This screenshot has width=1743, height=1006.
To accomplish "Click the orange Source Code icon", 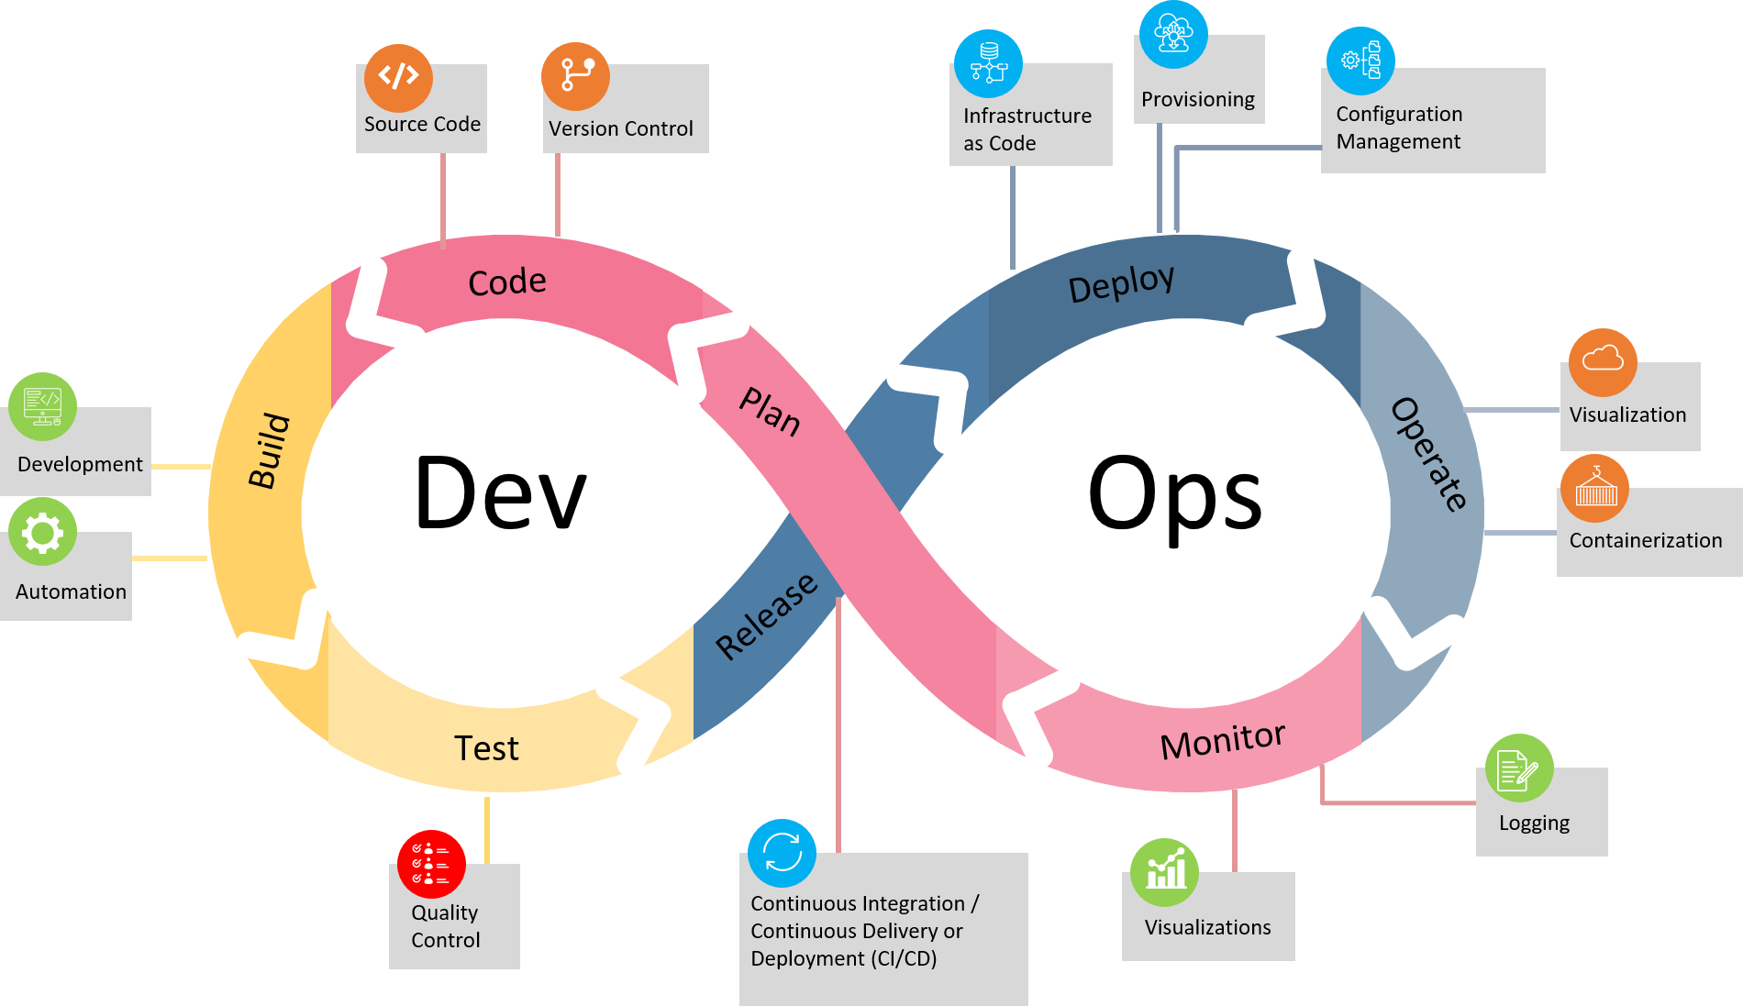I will [x=398, y=77].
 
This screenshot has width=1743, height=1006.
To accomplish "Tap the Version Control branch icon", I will [x=575, y=76].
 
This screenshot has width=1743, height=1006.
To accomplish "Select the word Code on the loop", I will [x=506, y=282].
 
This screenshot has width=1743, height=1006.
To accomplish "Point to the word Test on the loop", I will [x=486, y=748].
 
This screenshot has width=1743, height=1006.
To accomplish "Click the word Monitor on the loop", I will [x=1222, y=740].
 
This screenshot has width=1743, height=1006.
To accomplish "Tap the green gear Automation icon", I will [x=42, y=532].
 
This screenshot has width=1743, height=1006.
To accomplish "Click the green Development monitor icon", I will [x=42, y=406].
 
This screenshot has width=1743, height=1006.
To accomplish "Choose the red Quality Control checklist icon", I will [x=431, y=864].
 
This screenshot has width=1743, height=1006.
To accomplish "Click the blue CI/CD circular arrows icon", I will [x=782, y=853].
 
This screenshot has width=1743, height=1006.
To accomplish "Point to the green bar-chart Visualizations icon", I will [x=1164, y=872].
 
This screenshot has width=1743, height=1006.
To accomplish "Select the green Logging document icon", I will [x=1519, y=768].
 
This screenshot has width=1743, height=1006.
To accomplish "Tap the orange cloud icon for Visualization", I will [x=1603, y=361].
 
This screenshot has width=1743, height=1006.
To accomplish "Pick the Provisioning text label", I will [x=1197, y=99].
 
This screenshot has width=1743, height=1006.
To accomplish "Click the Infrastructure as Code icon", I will [x=988, y=63].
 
